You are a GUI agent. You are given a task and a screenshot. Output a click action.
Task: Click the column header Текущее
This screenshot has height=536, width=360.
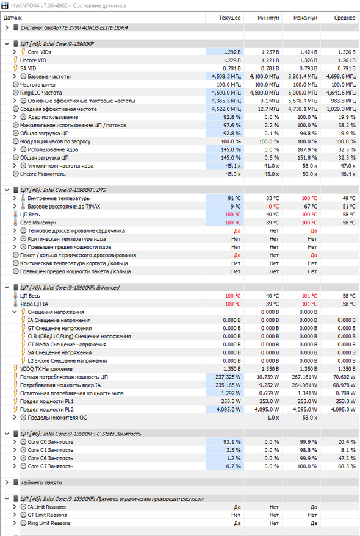[x=229, y=18]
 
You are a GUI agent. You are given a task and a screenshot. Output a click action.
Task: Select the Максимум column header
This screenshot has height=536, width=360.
[x=305, y=18]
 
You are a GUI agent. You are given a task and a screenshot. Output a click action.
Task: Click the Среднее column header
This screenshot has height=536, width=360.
[x=345, y=18]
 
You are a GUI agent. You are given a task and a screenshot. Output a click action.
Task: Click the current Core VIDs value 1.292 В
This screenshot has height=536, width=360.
[x=232, y=52]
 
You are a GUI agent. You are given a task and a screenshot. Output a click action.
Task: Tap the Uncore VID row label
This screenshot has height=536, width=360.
[x=33, y=60]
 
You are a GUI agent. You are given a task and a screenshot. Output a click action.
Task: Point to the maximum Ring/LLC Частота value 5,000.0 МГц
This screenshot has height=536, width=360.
[x=303, y=93]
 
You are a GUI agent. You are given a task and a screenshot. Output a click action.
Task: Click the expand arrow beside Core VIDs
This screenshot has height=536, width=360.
[x=15, y=52]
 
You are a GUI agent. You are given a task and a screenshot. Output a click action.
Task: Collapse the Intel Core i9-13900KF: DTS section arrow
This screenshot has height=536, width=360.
[x=7, y=190]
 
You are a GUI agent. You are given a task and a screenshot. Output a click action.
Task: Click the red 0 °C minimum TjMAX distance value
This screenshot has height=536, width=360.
[x=274, y=207]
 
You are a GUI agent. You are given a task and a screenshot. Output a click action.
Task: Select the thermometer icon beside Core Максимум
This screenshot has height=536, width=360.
[x=15, y=223]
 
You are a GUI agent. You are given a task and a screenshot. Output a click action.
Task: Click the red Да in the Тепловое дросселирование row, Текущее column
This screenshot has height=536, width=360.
[x=237, y=230]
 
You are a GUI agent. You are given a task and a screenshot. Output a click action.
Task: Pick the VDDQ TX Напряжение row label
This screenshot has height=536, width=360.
[x=46, y=369]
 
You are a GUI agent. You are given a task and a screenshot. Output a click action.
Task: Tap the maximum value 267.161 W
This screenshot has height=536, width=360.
[x=305, y=377]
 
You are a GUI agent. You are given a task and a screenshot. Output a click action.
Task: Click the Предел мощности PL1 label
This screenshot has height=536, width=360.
[x=47, y=401]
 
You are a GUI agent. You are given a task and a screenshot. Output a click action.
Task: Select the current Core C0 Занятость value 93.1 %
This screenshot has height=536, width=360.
[x=232, y=442]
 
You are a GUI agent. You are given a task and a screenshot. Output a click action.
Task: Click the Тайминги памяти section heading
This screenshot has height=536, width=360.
[x=41, y=483]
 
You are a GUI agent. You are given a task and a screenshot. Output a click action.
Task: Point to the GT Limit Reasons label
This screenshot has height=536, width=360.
[x=47, y=515]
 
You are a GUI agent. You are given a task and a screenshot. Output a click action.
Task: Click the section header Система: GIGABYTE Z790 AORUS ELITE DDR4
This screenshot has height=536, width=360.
[x=74, y=27]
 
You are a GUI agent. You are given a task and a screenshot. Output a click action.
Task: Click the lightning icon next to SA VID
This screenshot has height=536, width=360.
[x=15, y=68]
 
